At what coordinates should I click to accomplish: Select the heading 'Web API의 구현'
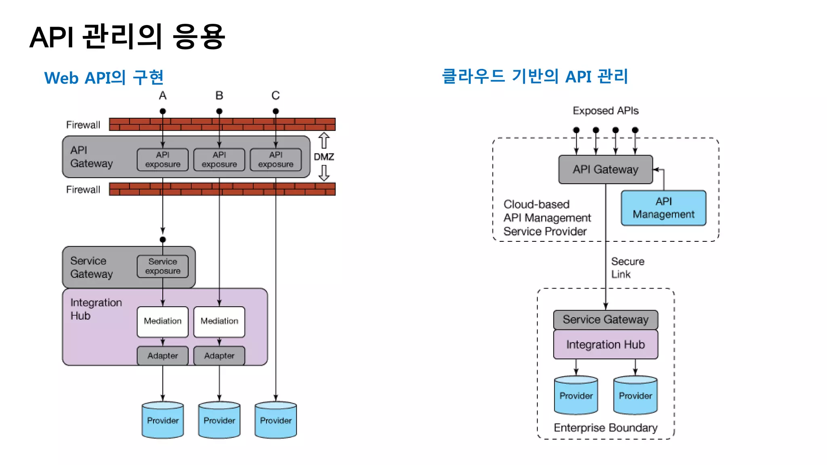[104, 77]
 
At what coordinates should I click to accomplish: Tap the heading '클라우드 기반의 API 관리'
[535, 76]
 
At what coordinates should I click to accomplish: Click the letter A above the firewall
[162, 96]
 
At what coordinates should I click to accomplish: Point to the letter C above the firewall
[275, 96]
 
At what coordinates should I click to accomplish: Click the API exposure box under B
[219, 160]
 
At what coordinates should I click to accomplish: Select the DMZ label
[324, 157]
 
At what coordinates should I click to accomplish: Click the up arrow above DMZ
[324, 140]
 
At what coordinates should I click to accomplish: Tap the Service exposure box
[163, 266]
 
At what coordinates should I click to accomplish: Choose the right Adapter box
[219, 356]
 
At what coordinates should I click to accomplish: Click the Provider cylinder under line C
[275, 420]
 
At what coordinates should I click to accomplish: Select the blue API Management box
[663, 208]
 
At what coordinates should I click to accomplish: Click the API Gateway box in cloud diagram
[605, 170]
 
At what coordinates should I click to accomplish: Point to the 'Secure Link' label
[627, 268]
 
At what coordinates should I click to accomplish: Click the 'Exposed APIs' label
[605, 111]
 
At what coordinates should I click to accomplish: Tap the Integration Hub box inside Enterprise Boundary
[605, 345]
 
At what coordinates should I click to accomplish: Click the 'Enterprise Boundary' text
[605, 428]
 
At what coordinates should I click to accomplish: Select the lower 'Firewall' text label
[83, 190]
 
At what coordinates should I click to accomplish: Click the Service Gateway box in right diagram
[605, 320]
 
